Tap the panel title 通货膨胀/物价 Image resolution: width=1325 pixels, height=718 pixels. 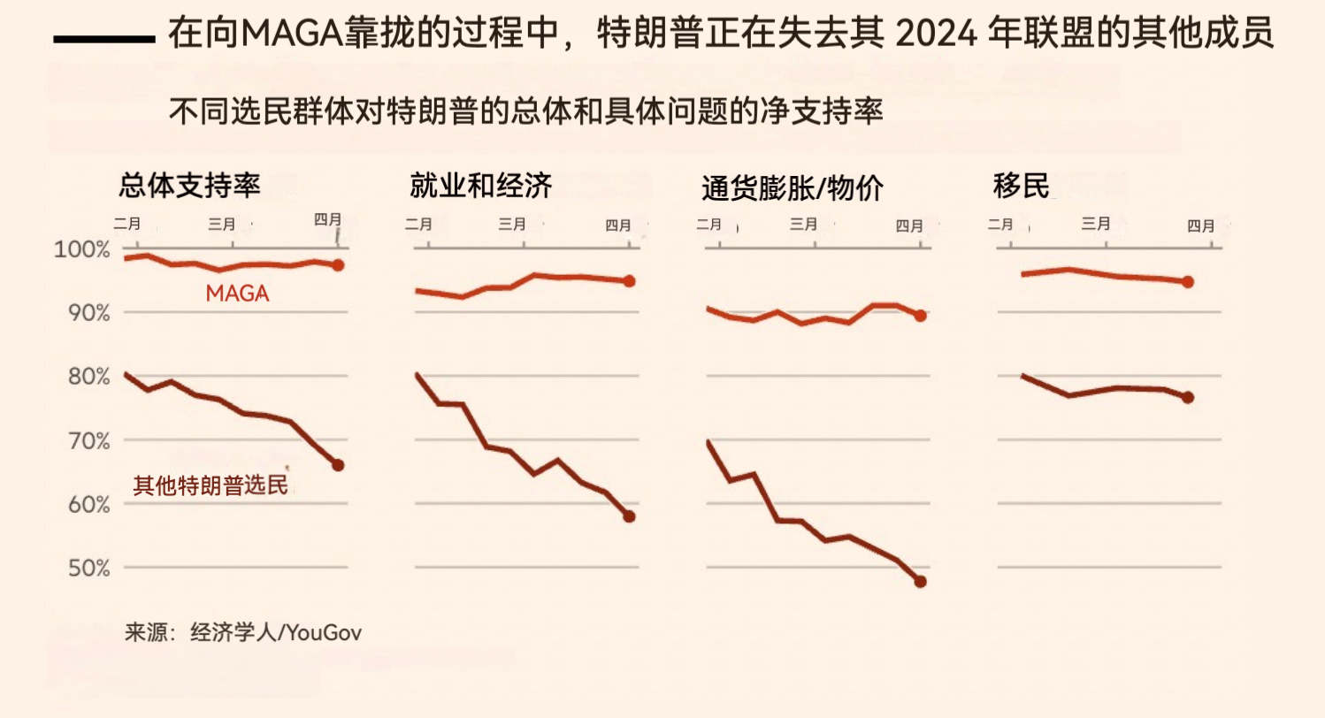[793, 187]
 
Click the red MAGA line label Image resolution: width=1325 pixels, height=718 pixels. [237, 294]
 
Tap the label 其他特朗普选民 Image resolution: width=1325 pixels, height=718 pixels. [211, 485]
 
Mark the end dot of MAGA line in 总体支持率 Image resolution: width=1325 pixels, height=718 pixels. [338, 264]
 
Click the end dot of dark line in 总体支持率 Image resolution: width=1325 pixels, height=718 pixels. [338, 465]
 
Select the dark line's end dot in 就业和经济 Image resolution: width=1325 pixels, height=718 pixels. [629, 516]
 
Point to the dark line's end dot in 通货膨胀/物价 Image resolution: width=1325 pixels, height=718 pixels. [920, 581]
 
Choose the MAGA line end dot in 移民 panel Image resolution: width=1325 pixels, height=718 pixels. [1188, 282]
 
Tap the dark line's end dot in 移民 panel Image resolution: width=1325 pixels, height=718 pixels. [1188, 397]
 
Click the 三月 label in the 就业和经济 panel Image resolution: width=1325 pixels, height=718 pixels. [512, 225]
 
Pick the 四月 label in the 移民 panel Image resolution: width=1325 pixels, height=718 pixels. [1200, 225]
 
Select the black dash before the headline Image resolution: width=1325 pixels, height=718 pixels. [104, 40]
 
